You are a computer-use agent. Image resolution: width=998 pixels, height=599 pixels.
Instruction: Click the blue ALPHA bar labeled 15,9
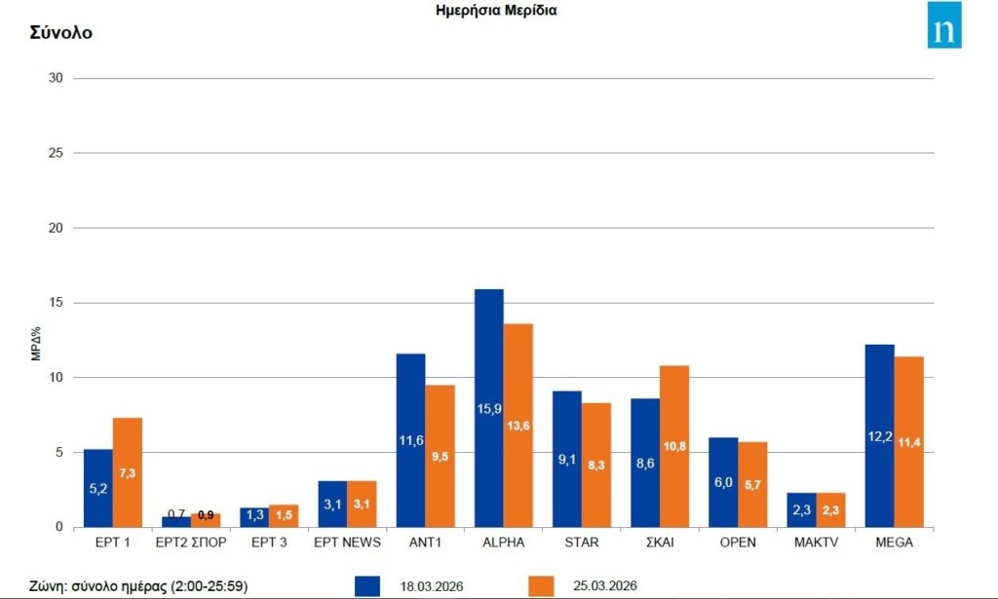point(488,408)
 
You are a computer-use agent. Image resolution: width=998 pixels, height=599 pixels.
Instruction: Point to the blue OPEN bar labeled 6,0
point(723,482)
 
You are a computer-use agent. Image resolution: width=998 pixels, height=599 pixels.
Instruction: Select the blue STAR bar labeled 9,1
point(566,459)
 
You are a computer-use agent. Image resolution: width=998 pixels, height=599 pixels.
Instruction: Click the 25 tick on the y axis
point(55,153)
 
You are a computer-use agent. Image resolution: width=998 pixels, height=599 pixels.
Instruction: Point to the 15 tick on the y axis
point(55,303)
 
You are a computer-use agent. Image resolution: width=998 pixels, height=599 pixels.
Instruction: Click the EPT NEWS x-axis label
point(347,543)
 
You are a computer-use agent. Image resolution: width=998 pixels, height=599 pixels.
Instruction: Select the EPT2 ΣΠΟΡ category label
point(191,543)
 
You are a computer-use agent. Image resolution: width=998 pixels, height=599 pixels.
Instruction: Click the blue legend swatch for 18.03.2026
point(367,585)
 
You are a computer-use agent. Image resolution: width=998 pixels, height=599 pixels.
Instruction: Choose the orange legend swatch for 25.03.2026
point(541,585)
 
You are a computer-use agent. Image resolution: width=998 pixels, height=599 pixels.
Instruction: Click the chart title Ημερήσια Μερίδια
point(496,11)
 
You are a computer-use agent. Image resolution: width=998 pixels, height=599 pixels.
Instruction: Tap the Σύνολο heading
point(60,32)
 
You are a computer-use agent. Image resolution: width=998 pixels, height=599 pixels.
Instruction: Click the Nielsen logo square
point(943,25)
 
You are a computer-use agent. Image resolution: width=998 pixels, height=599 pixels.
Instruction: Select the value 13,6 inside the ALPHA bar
point(518,425)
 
